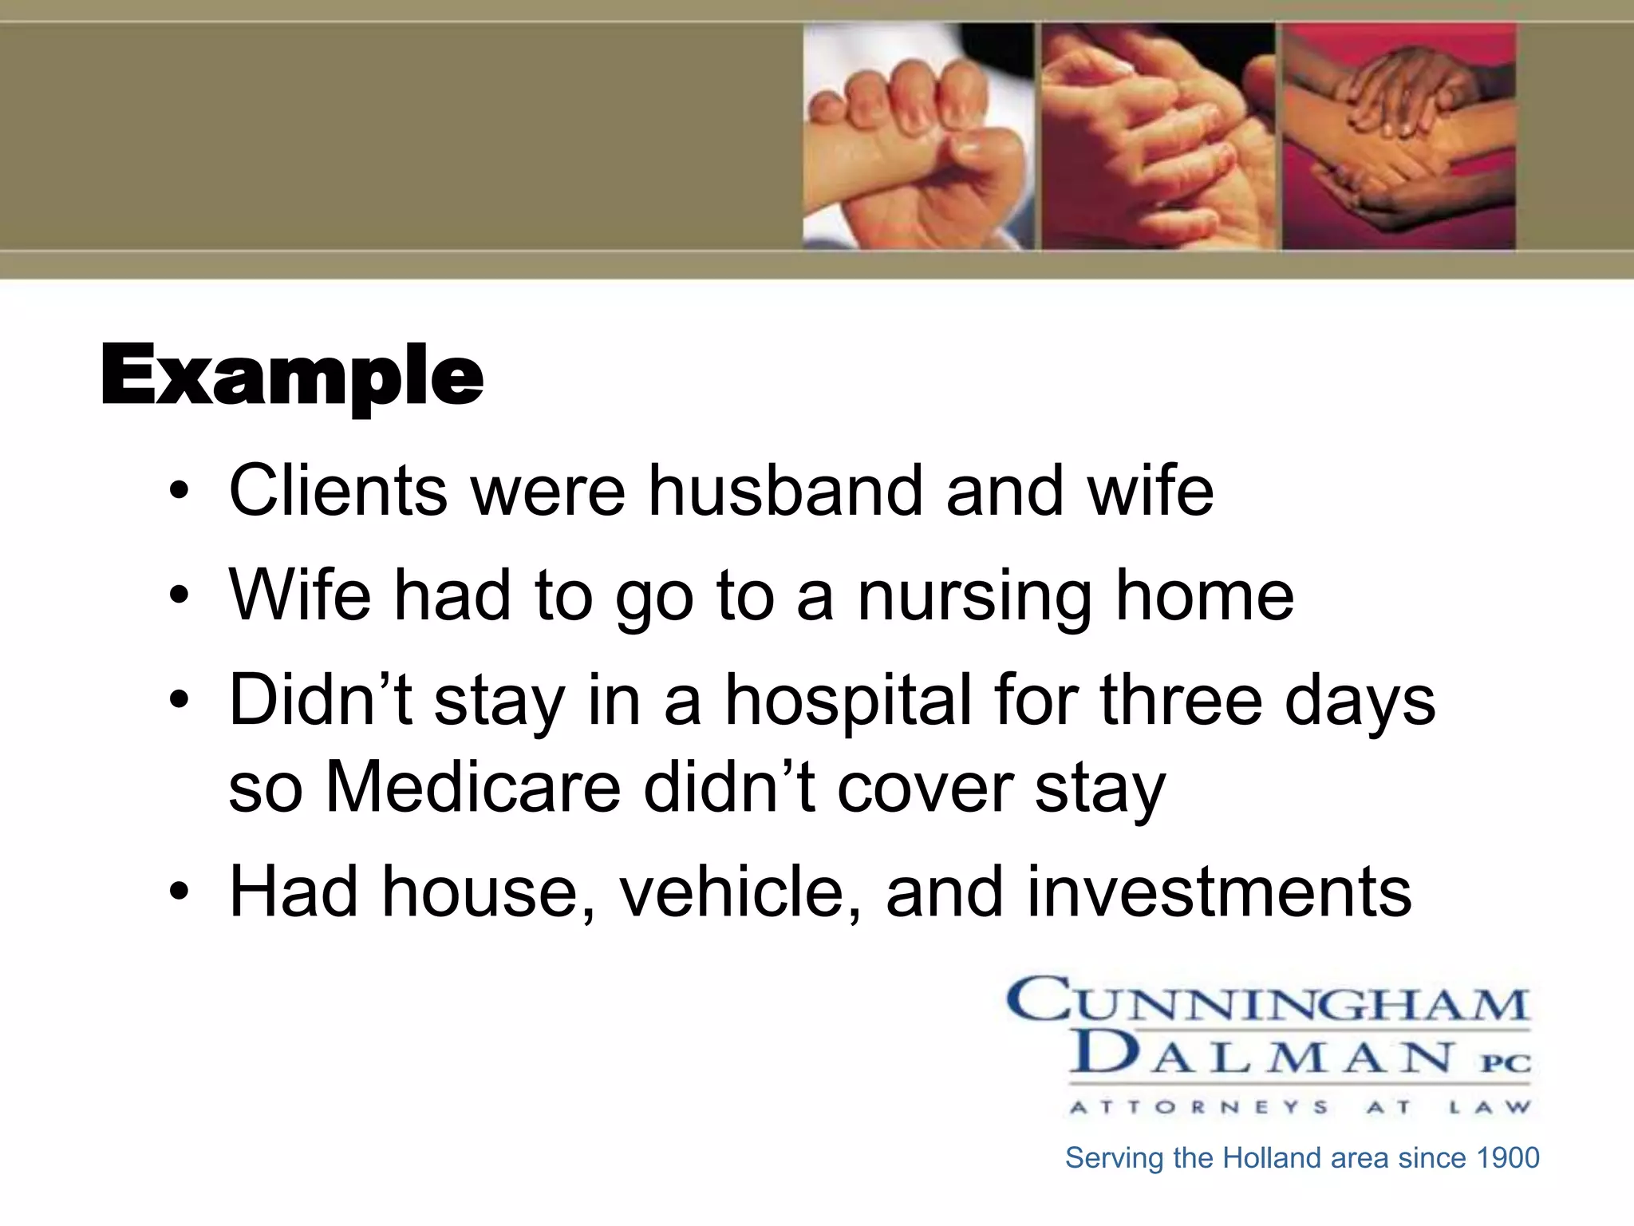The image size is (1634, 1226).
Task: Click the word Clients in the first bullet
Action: coord(338,490)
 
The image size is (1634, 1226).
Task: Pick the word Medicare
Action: coord(473,787)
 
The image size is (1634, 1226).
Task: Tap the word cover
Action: coord(924,789)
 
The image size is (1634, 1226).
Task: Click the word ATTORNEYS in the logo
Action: coord(1199,1107)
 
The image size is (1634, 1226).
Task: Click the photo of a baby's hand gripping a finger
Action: coord(918,136)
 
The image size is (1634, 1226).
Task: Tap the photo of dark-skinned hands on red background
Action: coord(1398,136)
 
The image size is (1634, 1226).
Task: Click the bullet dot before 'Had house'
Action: coord(180,892)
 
